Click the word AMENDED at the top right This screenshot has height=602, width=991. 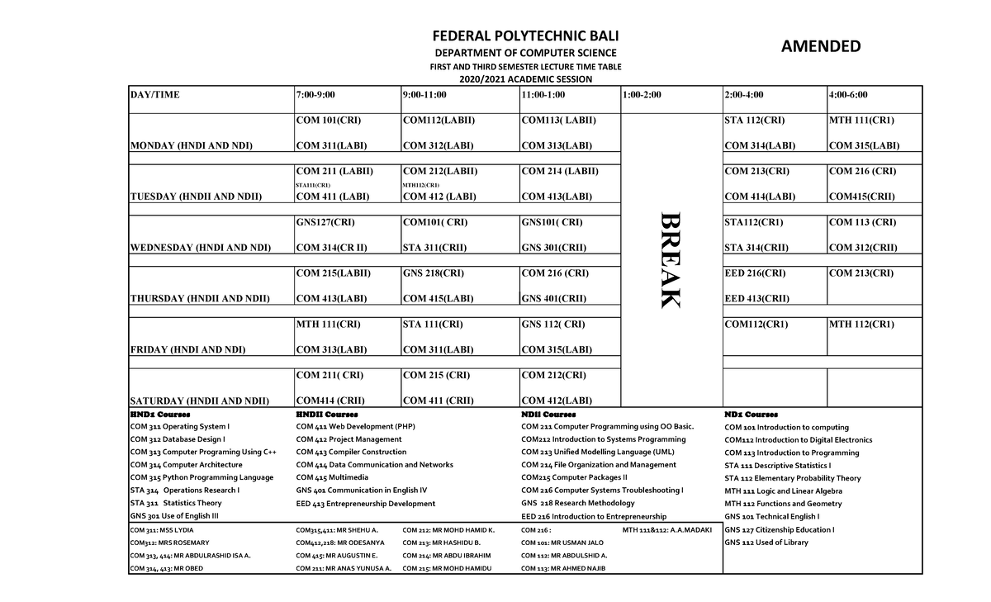[x=821, y=46]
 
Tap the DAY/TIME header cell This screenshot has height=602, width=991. [x=154, y=95]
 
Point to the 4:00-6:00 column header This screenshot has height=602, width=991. [x=848, y=95]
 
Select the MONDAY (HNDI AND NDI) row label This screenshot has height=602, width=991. [x=191, y=146]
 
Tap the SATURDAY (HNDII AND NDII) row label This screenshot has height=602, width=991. [x=200, y=401]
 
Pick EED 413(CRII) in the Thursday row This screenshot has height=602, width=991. [x=756, y=299]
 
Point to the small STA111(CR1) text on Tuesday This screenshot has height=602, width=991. [x=313, y=185]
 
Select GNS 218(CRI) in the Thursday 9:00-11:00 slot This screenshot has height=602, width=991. [x=433, y=273]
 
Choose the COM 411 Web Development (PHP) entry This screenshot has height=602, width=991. [x=355, y=427]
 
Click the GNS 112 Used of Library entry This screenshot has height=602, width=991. [x=766, y=543]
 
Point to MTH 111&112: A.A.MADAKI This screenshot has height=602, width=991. [x=666, y=529]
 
